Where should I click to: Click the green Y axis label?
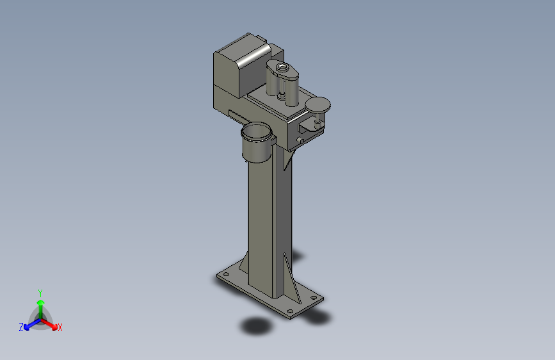pyautogui.click(x=40, y=293)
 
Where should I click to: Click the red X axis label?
pyautogui.click(x=60, y=327)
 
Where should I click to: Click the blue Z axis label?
pyautogui.click(x=21, y=327)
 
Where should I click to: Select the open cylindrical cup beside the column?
pyautogui.click(x=257, y=142)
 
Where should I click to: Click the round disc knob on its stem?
pyautogui.click(x=318, y=105)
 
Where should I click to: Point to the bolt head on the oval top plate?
pyautogui.click(x=282, y=66)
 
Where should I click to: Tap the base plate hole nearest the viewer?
pyautogui.click(x=290, y=311)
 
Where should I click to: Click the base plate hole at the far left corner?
pyautogui.click(x=226, y=274)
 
